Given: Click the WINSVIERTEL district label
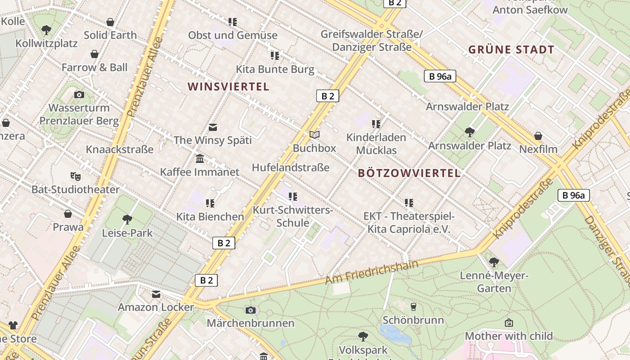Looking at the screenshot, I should [228, 86].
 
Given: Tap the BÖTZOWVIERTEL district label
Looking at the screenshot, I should [409, 173].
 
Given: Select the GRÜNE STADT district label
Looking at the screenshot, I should [511, 49].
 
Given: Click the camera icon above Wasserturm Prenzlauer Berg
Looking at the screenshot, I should [79, 94].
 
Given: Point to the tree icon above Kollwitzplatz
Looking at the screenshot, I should [46, 30].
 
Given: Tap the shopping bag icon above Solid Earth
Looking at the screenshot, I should [110, 22].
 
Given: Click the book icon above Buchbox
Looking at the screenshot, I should [315, 135].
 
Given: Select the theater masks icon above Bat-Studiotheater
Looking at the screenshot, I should [75, 176].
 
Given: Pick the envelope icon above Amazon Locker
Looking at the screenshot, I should [156, 294].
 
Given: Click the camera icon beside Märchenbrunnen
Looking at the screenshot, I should [251, 310].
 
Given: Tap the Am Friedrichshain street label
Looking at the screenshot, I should [372, 272].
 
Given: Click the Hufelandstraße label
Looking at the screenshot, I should [291, 167].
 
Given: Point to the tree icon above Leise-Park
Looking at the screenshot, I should [127, 220].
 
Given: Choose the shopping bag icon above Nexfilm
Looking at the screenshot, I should [538, 135].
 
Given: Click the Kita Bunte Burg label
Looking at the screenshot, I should [275, 69].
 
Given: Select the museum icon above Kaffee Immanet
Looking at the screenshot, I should [200, 158].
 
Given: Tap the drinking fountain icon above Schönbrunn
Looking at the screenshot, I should [414, 307].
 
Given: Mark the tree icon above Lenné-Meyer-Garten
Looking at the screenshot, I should [494, 262].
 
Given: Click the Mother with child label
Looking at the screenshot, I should [508, 336].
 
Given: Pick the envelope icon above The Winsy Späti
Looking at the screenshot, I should [213, 127].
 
